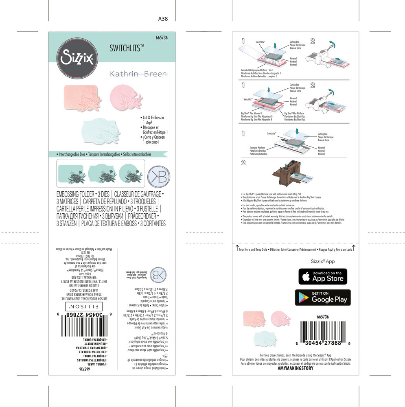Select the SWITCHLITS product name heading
pyautogui.click(x=127, y=48)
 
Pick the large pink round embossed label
pyautogui.click(x=125, y=96)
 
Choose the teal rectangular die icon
pyautogui.click(x=71, y=174)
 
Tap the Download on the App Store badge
pyautogui.click(x=323, y=276)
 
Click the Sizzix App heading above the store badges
pyautogui.click(x=323, y=261)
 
